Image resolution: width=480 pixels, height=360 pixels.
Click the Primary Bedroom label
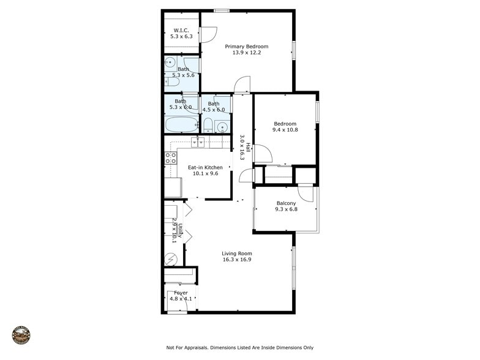(246, 47)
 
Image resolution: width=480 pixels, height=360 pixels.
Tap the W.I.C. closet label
(181, 30)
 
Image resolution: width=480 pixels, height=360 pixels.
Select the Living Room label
(237, 253)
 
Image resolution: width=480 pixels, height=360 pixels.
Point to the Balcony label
(286, 203)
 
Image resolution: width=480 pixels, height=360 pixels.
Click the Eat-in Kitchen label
(205, 167)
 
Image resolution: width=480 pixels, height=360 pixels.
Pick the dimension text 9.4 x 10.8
(285, 130)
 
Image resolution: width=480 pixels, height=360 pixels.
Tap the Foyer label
(181, 293)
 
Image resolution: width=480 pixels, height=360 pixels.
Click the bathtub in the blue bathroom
(181, 124)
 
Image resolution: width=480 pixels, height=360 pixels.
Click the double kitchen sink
(198, 142)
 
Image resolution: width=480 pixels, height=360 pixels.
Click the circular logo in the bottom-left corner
(21, 335)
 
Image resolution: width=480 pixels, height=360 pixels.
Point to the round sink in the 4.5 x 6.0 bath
(222, 127)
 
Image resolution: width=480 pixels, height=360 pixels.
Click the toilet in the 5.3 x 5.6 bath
(172, 81)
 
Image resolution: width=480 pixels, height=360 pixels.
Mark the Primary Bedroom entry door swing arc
(242, 84)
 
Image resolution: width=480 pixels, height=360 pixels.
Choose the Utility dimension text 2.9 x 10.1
(174, 230)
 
